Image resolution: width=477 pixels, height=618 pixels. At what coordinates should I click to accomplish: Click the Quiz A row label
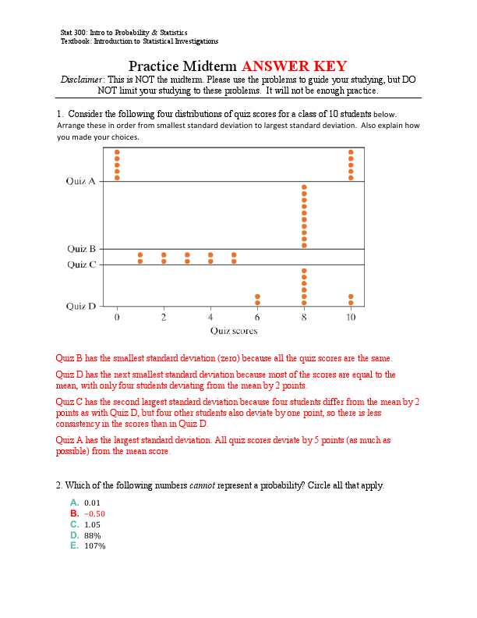(x=81, y=181)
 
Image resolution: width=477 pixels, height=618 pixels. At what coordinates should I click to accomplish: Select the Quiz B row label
(x=81, y=249)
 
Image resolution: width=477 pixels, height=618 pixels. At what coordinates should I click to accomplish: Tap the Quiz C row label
(x=81, y=265)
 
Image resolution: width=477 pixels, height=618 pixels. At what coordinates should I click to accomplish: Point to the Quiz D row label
(x=81, y=306)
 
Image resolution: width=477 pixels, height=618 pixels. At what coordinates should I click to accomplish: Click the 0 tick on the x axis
(x=117, y=318)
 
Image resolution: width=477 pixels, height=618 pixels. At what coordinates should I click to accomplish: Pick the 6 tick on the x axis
(x=257, y=318)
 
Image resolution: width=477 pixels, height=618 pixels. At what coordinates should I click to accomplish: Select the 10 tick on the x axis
(x=351, y=318)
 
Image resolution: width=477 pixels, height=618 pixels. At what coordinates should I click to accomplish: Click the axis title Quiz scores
(x=233, y=331)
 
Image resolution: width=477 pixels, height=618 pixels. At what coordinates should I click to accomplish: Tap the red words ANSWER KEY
(x=295, y=66)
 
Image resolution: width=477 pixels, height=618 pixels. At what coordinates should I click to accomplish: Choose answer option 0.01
(x=92, y=503)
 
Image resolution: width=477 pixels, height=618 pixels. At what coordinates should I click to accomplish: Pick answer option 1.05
(x=92, y=525)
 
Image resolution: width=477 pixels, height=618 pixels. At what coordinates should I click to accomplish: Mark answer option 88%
(x=92, y=535)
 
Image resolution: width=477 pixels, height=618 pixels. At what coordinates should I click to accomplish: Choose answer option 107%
(x=94, y=546)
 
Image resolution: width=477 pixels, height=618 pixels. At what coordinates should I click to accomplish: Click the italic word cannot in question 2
(x=203, y=485)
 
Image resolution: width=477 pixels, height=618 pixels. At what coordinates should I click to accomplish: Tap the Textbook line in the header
(x=139, y=41)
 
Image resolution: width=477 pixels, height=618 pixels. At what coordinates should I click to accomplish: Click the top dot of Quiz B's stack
(x=304, y=188)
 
